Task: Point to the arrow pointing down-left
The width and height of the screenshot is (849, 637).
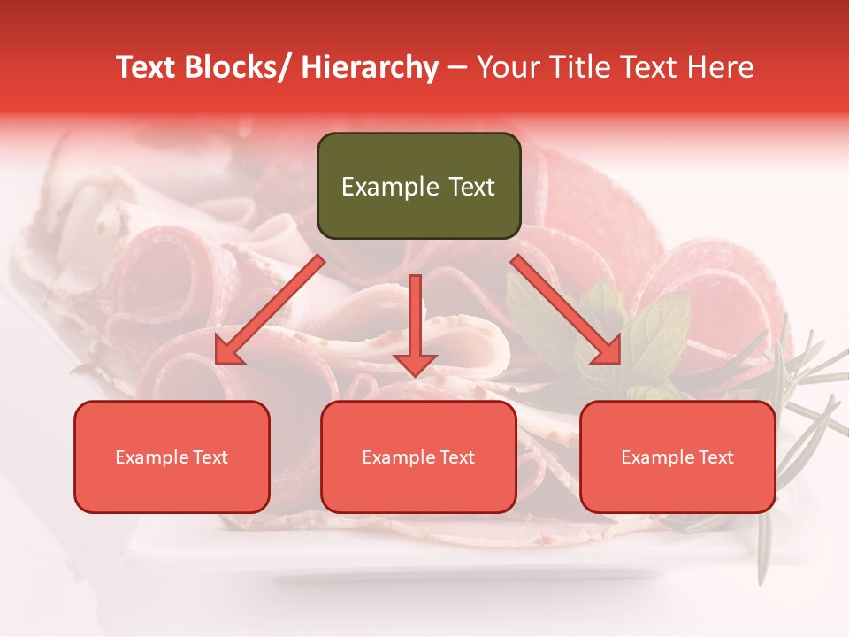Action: (270, 310)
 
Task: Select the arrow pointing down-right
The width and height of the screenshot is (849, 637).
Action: (566, 310)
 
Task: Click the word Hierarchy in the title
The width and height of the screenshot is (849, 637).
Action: (370, 67)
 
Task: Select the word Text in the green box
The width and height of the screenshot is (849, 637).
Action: (470, 187)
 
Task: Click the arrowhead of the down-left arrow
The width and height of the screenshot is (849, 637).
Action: (227, 351)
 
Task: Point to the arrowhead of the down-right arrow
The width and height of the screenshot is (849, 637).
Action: (608, 351)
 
